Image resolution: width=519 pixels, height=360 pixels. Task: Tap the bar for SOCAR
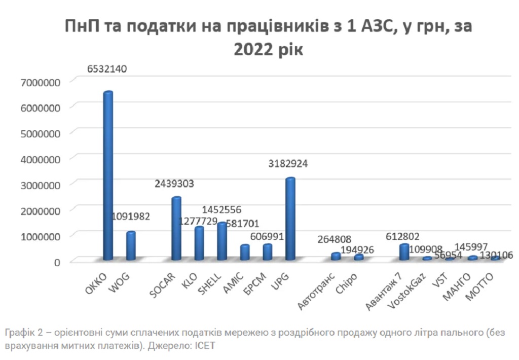[x=176, y=229]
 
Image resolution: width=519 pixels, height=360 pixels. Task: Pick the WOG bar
[x=131, y=246]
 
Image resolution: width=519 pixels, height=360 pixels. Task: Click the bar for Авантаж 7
[x=404, y=252]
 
